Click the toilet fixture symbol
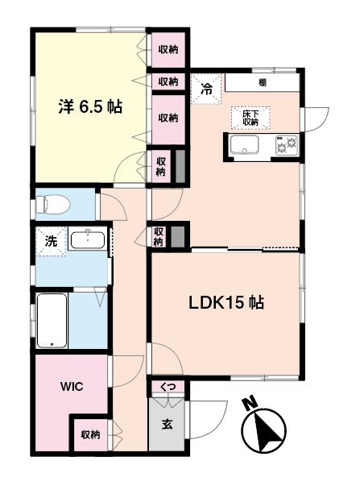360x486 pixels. tap(53, 204)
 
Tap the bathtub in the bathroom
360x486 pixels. tap(52, 321)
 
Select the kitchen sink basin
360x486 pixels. tap(245, 145)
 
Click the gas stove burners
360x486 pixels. tap(287, 145)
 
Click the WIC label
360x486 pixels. tap(72, 387)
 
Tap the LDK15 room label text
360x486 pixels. tap(226, 302)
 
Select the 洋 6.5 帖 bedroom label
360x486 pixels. tap(90, 106)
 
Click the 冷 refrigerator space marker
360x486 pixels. tap(206, 89)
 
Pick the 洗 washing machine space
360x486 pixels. tap(51, 242)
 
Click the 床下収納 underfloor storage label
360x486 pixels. tap(250, 118)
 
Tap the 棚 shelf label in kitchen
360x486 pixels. tap(262, 82)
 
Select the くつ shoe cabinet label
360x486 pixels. tap(168, 387)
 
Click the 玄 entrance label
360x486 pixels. tap(167, 424)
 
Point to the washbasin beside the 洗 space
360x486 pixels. tap(88, 239)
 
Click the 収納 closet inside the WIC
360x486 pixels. tap(90, 434)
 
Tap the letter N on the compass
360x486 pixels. tap(250, 403)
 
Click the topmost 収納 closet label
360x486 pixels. tap(168, 49)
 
